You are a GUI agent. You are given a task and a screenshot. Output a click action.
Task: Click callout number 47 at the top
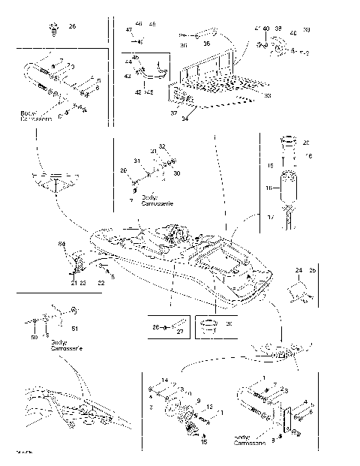(129, 29)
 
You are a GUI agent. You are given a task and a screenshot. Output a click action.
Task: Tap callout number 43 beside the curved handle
(127, 75)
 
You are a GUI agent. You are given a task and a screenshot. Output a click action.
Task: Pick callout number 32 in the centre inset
(161, 145)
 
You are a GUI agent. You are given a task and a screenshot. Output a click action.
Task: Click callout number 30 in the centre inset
(177, 173)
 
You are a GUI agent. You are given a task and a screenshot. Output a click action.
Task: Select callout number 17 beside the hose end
(269, 216)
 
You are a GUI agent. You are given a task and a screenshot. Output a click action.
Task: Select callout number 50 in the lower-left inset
(34, 338)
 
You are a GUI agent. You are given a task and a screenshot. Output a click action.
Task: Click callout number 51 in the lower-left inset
(73, 328)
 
